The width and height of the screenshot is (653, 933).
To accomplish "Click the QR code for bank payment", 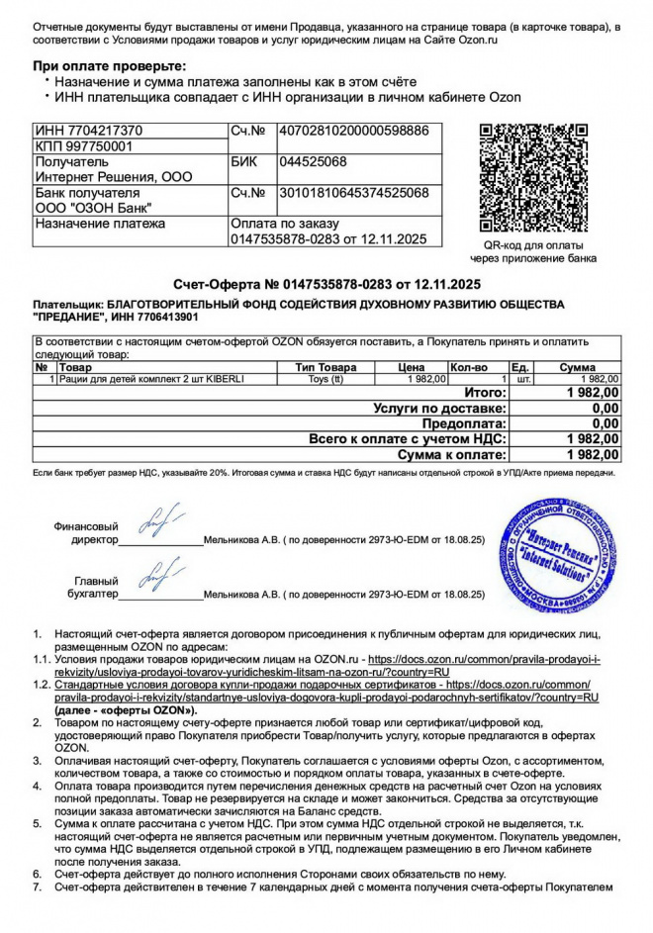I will [538, 178].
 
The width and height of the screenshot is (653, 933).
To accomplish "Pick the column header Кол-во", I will [469, 367].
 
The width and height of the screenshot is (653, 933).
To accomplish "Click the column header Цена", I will [411, 367].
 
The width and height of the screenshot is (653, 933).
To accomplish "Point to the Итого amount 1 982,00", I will [592, 393].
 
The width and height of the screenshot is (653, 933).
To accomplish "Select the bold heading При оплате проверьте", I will [103, 65].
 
